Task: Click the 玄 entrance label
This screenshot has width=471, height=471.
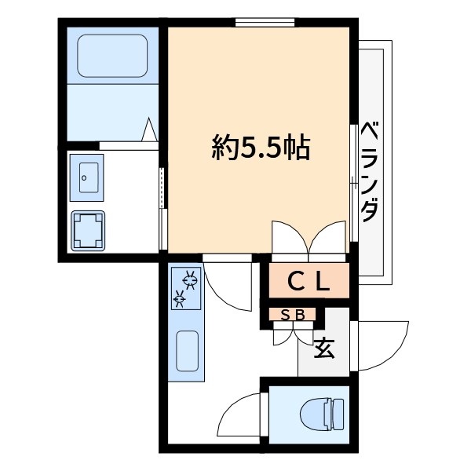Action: [324, 346]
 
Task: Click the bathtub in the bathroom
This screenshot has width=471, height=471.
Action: [112, 55]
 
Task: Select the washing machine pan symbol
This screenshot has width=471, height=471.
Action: [89, 230]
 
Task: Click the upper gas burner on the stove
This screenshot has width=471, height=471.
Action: [189, 277]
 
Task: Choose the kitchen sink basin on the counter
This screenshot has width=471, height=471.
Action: [186, 351]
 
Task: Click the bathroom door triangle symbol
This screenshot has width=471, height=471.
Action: [149, 130]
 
